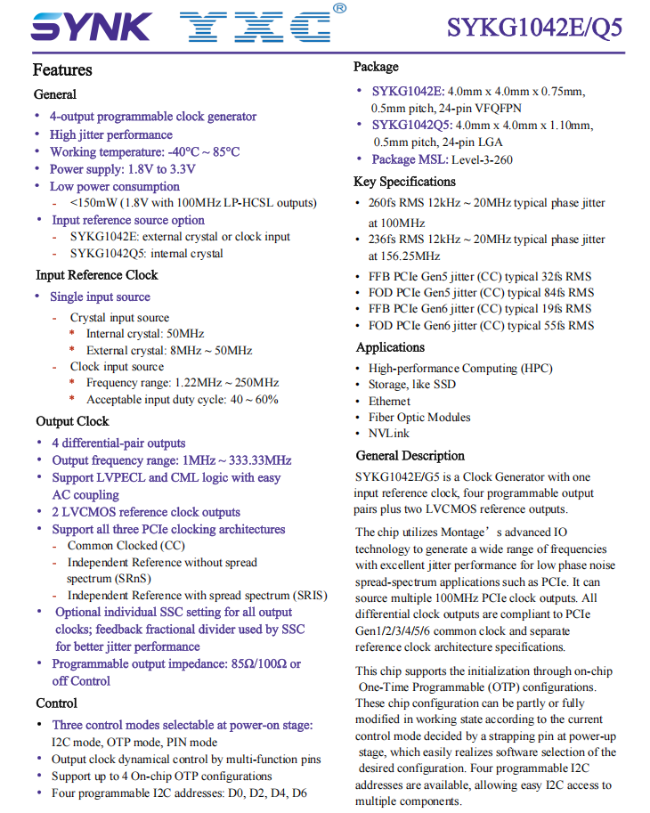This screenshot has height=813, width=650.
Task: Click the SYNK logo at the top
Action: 90,26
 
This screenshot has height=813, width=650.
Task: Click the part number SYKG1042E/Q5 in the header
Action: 534,27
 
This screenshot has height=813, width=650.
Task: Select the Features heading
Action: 62,70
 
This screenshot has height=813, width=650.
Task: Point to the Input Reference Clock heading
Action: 96,275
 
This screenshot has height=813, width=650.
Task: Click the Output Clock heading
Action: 72,421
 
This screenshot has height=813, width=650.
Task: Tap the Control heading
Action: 56,703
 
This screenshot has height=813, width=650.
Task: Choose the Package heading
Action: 376,67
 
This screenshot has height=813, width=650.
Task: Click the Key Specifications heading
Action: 405,182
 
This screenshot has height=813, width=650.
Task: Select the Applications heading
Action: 390,347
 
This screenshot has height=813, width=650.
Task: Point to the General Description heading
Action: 410,456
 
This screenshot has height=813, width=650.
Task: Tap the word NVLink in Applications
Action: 389,433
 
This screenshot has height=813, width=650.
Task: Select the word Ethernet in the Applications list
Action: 390,401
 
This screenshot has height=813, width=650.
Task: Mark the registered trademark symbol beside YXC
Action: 339,8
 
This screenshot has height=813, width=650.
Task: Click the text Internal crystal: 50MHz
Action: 145,334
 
